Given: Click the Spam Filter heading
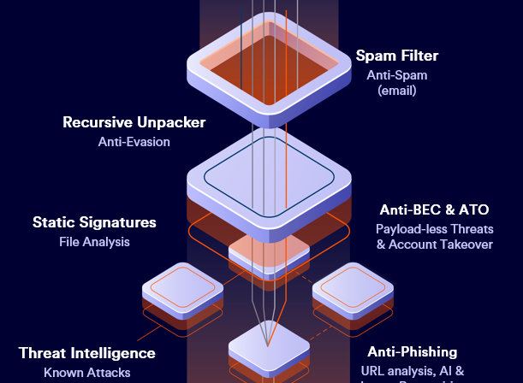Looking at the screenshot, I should click(x=397, y=56).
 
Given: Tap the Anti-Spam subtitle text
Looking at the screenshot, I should click(x=396, y=75).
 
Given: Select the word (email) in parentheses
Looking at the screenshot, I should click(x=396, y=90).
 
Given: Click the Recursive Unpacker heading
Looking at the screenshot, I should click(x=134, y=122).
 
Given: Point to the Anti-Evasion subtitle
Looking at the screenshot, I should click(x=134, y=142).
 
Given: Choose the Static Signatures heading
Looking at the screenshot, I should click(x=94, y=222).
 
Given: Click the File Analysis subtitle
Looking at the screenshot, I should click(x=94, y=242).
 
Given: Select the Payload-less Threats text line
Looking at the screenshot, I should click(x=434, y=228).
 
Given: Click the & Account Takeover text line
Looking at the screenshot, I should click(x=434, y=245).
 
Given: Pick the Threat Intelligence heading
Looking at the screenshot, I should click(x=87, y=353).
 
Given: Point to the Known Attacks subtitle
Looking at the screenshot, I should click(x=87, y=373).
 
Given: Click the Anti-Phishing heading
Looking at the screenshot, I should click(x=413, y=352).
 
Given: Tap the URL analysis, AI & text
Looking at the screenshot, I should click(x=413, y=371).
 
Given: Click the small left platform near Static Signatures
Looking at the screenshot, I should click(x=182, y=292).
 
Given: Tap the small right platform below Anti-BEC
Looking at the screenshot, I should click(x=353, y=291).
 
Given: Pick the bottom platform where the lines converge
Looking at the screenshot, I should click(x=268, y=350).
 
